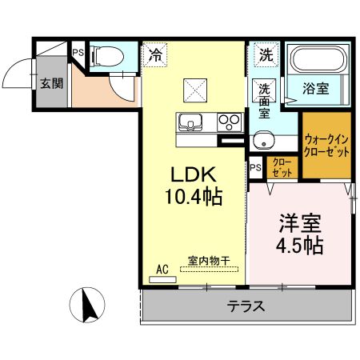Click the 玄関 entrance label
click(51, 82)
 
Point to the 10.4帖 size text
click(191, 195)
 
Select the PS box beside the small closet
click(255, 168)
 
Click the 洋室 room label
click(300, 220)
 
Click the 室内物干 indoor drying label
click(209, 260)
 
